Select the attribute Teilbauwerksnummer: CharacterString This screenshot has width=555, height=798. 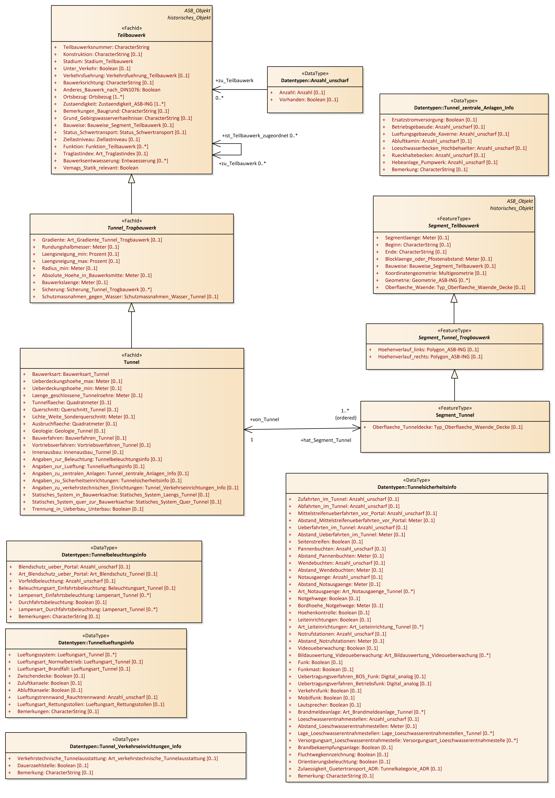(x=106, y=47)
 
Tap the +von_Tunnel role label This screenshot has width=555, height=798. (x=264, y=419)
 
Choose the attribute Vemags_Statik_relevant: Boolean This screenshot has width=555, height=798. (x=100, y=168)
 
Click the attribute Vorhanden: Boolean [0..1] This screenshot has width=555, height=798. (x=308, y=100)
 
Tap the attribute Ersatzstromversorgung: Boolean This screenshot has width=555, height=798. (x=434, y=120)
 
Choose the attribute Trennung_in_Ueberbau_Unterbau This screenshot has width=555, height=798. (x=88, y=509)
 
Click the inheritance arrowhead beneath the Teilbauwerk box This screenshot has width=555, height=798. (x=131, y=179)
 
